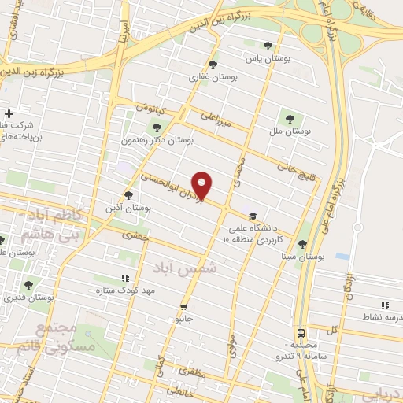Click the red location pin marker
pos(203,185)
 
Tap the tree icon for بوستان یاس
pos(268,46)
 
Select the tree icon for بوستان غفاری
pos(213,65)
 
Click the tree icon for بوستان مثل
pos(291,119)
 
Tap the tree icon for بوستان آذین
pos(130,194)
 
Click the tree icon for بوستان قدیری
pos(28,285)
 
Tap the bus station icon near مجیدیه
pos(302,333)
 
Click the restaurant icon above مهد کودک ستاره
pos(124,278)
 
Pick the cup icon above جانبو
pos(183,306)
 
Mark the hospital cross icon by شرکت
pos(9,113)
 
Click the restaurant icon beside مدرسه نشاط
pos(384,305)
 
